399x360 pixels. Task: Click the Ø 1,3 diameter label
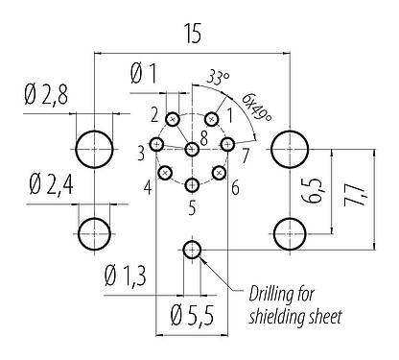click(x=126, y=278)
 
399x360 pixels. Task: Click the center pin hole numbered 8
click(x=193, y=148)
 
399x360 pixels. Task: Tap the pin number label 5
click(x=192, y=206)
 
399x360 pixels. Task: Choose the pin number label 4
click(x=148, y=186)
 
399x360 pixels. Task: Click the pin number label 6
click(x=235, y=186)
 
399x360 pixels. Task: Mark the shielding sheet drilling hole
click(x=193, y=252)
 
